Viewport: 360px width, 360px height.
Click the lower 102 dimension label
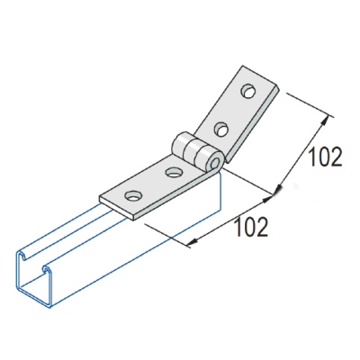249,227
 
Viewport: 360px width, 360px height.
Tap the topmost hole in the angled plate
247,91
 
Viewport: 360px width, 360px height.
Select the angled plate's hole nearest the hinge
219,125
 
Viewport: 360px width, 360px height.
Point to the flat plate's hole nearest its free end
133,194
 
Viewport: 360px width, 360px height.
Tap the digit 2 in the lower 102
262,227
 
